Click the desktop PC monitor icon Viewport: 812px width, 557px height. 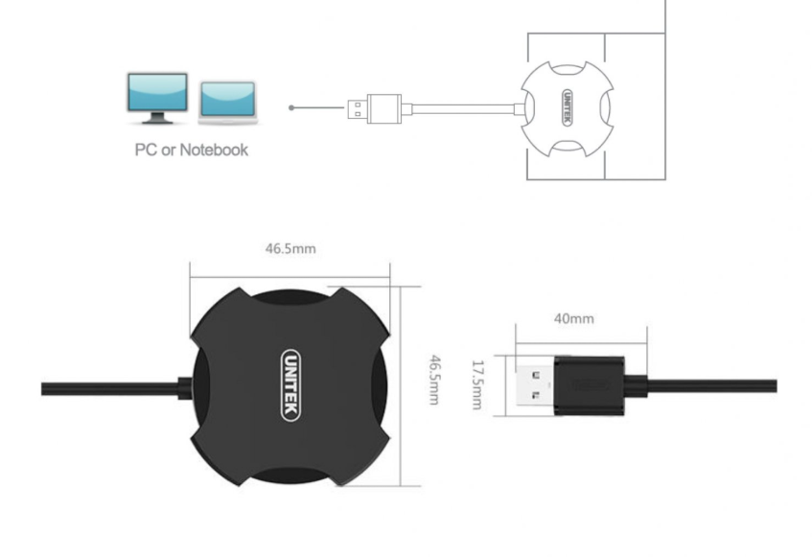point(157,96)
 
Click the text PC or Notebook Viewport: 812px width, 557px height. point(190,150)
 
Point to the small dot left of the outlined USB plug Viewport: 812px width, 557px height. point(291,106)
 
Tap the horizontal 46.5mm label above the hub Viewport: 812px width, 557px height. point(290,248)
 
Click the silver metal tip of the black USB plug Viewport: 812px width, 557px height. point(536,385)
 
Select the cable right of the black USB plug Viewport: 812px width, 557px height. point(714,385)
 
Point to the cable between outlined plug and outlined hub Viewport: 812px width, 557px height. point(460,107)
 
